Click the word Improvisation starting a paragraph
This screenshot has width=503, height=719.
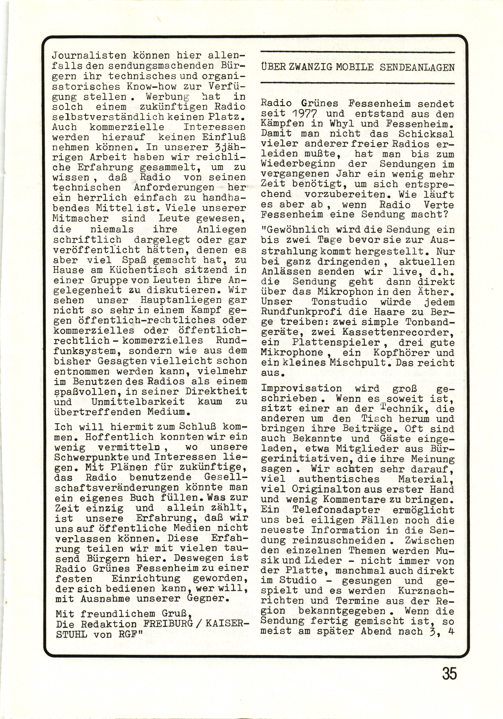[301, 388]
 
